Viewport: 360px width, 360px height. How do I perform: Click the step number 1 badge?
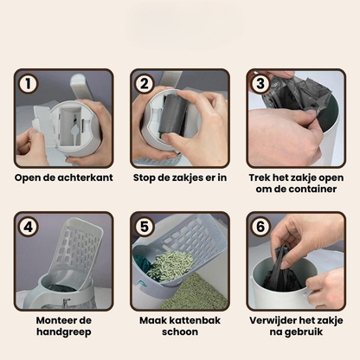point(29,84)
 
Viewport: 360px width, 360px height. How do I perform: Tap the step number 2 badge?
point(145,84)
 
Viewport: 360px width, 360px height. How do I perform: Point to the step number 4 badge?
point(29,228)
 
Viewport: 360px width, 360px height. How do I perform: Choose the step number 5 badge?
point(145,228)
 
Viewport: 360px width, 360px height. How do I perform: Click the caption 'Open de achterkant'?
point(63,178)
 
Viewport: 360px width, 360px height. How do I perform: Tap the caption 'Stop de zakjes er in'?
point(180,178)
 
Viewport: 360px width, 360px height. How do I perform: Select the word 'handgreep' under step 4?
point(63,333)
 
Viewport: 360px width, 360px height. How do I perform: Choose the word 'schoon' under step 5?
point(179,333)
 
